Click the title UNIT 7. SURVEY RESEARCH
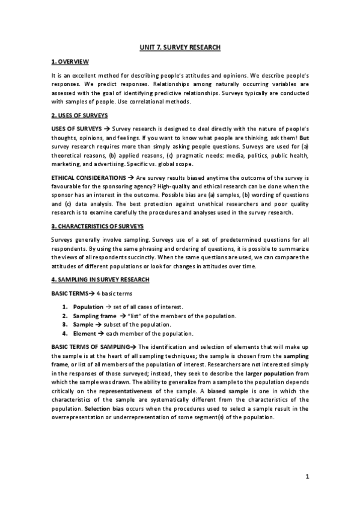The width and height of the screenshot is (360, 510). [180, 47]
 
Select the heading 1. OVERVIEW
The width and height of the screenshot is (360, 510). [70, 62]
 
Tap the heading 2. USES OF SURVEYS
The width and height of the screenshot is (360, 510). [80, 114]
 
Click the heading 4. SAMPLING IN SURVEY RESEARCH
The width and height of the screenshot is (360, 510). [102, 280]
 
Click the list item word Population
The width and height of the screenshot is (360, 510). [88, 307]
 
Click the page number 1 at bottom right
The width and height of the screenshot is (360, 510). [307, 478]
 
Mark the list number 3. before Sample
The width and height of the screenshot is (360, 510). [66, 325]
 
